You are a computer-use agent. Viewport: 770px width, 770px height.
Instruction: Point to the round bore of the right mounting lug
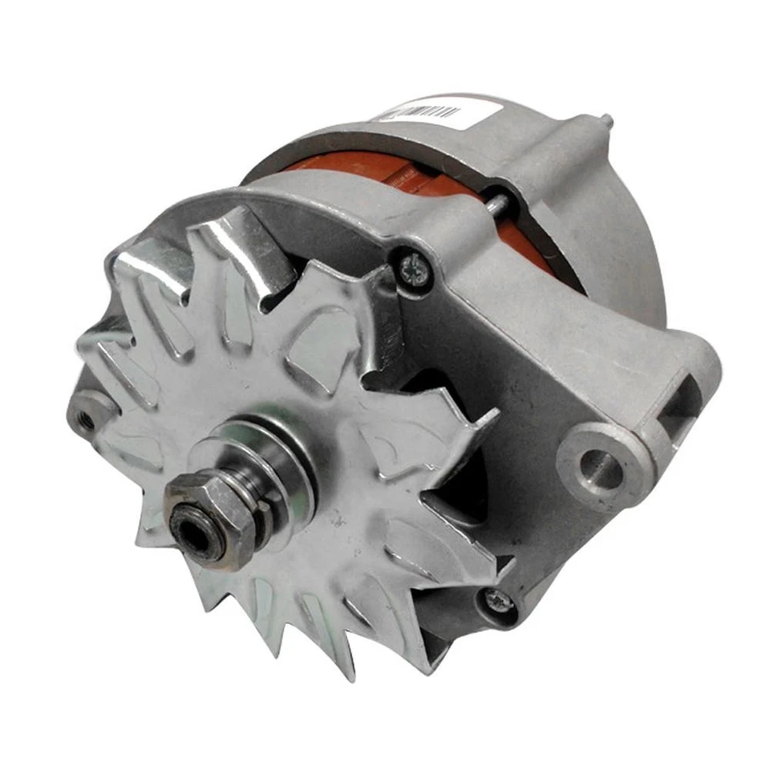[599, 464]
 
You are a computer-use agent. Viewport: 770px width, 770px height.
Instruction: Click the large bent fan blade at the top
[241, 249]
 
